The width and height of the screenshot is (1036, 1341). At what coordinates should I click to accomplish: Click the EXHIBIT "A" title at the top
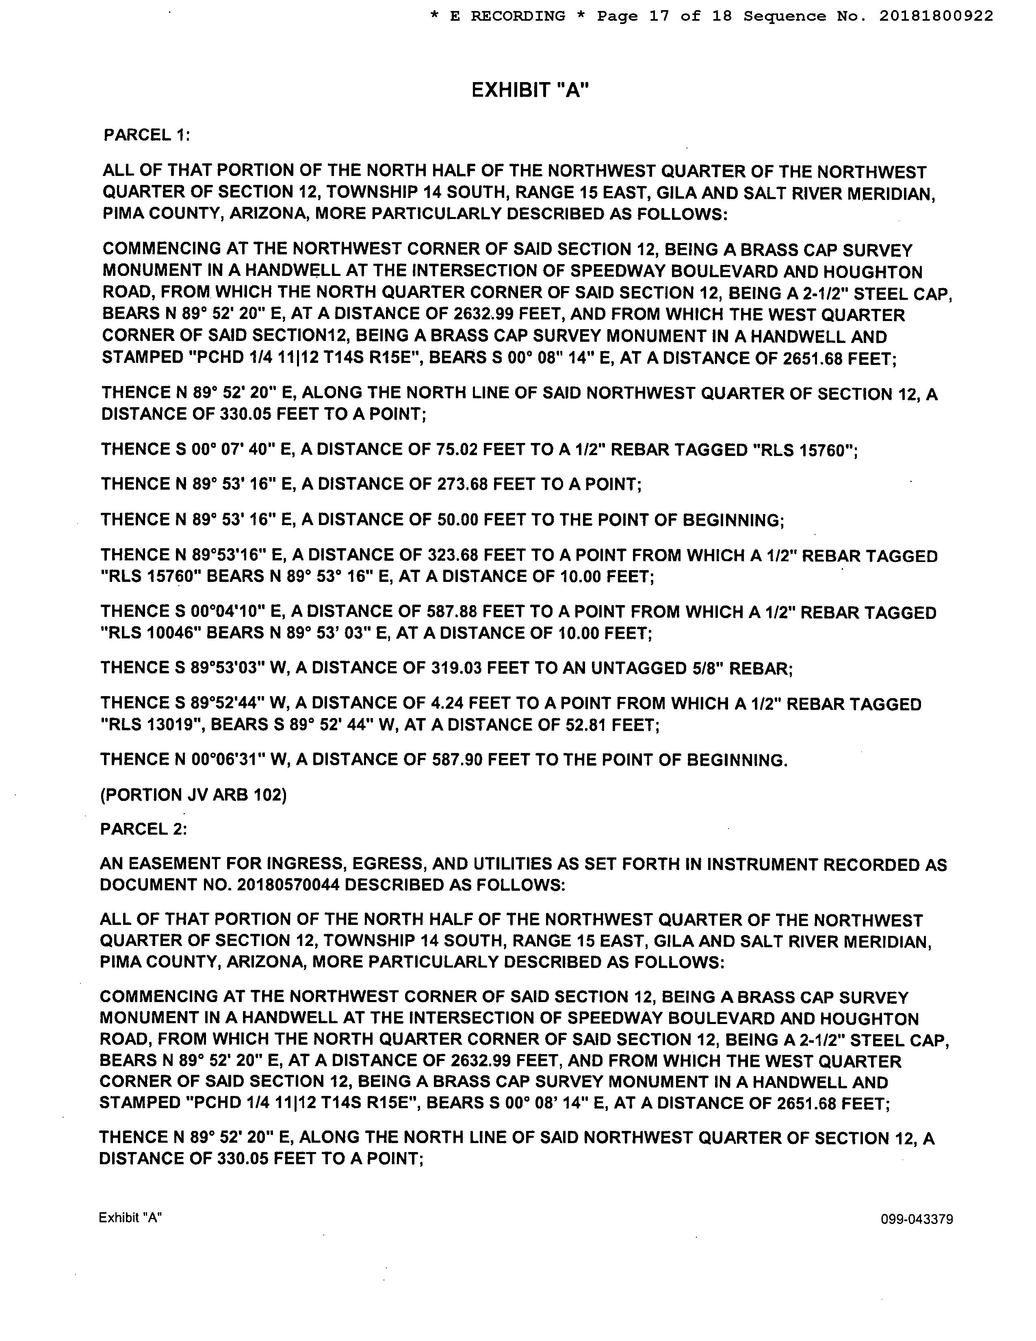530,90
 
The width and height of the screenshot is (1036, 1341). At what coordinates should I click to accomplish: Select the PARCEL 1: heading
147,135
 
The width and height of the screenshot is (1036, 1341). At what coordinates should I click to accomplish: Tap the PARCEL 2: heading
143,829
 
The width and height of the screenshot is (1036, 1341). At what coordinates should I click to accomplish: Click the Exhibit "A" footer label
130,1217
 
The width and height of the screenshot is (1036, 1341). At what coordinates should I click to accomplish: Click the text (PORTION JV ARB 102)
193,795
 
